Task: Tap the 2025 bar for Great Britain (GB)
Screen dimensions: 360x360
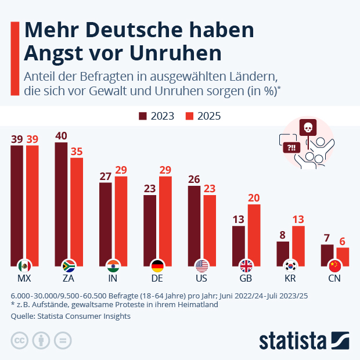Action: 254,232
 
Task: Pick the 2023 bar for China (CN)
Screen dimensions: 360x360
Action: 327,253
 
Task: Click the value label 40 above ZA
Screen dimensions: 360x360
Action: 61,136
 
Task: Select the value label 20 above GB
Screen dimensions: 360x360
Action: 254,197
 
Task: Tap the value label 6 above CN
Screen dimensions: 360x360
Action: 343,242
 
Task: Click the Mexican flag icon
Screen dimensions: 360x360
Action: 24,266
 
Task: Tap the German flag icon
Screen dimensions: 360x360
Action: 157,266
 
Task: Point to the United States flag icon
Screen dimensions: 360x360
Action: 202,266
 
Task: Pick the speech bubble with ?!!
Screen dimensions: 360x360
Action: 289,147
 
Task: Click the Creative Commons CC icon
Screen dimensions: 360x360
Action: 20,340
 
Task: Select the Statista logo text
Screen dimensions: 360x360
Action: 293,340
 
